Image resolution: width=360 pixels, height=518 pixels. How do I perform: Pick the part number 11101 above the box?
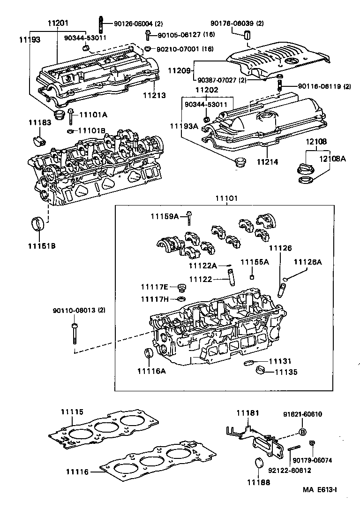[226, 198]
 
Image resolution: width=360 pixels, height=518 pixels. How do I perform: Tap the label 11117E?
[155, 287]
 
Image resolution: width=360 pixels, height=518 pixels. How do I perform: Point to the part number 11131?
[279, 362]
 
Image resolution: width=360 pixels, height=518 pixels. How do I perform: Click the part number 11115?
[72, 412]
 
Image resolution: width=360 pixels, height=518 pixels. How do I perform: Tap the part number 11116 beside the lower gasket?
[77, 472]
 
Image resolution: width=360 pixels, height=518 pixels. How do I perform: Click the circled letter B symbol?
[302, 432]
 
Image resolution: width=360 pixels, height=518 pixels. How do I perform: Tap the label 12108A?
[333, 159]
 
